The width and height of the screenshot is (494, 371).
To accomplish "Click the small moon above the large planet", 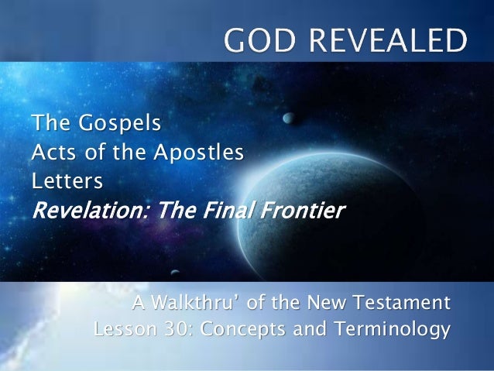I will coord(288,119).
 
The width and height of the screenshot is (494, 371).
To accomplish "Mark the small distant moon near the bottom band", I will coord(176,273).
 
